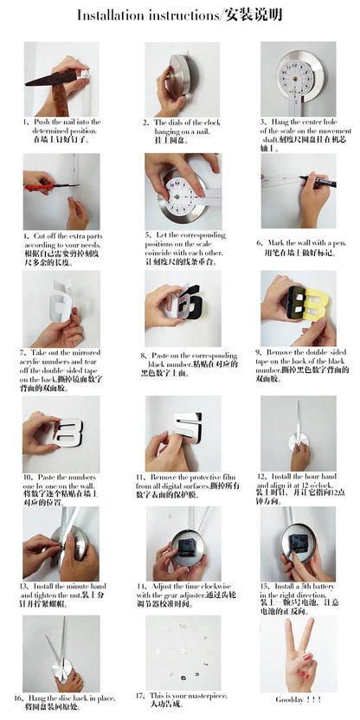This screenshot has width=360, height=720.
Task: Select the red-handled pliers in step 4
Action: pyautogui.click(x=39, y=185)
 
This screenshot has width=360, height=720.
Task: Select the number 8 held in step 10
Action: pyautogui.click(x=67, y=432)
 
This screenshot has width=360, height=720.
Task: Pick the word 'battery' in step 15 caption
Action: pyautogui.click(x=324, y=586)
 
